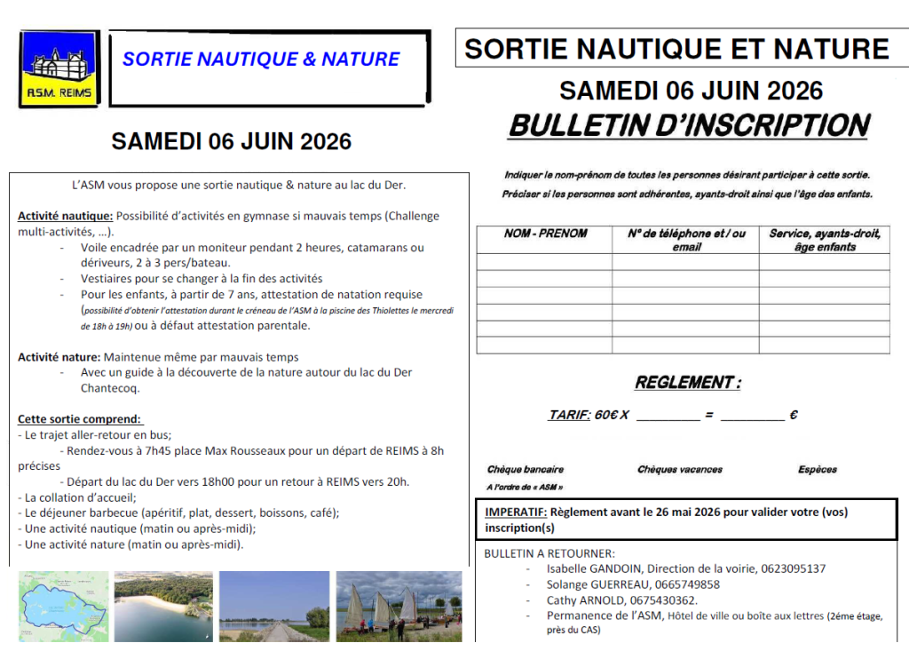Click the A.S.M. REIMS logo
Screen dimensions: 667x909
pos(60,69)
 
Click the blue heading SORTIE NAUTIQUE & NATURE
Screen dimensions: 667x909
pos(261,60)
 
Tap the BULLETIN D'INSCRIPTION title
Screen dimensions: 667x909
pos(688,125)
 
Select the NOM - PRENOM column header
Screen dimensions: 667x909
pos(545,234)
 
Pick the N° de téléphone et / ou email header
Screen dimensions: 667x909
pos(686,240)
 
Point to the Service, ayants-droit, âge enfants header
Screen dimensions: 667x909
pos(825,240)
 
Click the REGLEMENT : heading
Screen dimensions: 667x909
pos(688,383)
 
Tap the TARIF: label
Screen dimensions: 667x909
pos(569,415)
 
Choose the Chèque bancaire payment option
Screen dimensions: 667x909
pos(526,470)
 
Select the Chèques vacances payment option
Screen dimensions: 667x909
pos(680,470)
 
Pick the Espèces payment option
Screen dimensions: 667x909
pos(818,470)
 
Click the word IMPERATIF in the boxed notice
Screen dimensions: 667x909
pos(515,512)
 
